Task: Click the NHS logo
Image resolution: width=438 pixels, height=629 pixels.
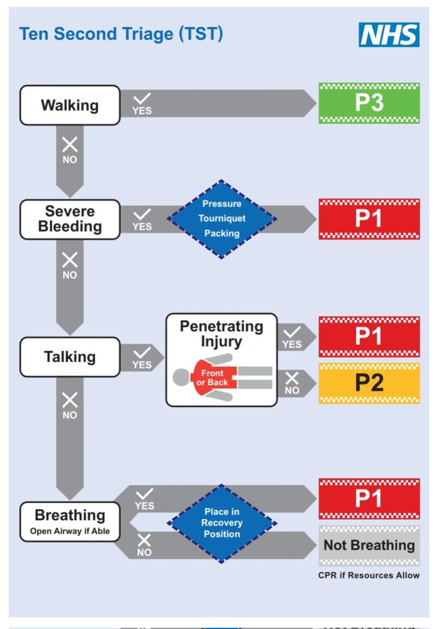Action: [390, 35]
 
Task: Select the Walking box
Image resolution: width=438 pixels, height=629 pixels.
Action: [70, 105]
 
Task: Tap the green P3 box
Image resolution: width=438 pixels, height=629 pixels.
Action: [369, 103]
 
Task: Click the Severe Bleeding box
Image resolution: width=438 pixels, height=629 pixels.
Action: [70, 219]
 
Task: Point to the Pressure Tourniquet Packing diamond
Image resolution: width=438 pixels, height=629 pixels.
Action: [222, 219]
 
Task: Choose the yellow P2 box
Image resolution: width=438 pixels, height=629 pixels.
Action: [369, 383]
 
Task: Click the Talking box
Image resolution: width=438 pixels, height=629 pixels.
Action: [70, 357]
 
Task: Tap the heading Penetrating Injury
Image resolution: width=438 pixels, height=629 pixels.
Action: [221, 333]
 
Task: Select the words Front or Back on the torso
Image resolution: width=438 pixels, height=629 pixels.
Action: [212, 378]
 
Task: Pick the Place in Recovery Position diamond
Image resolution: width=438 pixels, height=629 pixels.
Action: [222, 523]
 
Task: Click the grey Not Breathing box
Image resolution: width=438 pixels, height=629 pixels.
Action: [369, 545]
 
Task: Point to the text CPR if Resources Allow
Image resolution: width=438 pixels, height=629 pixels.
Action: [369, 576]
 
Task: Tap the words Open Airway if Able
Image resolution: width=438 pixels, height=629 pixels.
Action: [70, 531]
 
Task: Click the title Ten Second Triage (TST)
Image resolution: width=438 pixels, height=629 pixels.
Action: [121, 34]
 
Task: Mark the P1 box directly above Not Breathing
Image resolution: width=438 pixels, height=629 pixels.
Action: [369, 499]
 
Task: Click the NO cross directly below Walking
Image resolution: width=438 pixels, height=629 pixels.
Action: [70, 145]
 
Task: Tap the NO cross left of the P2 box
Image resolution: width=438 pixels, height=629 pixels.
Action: [293, 379]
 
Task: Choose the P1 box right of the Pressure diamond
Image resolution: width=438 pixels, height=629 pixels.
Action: [369, 219]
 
